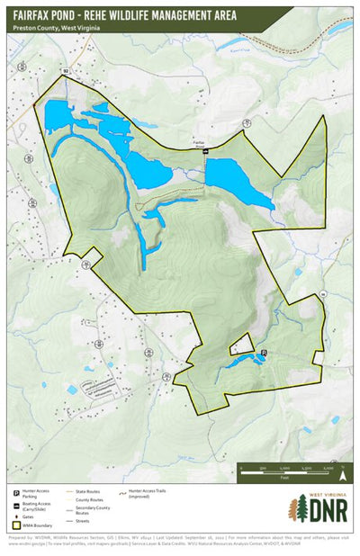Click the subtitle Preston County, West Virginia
56,28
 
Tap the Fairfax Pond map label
200,143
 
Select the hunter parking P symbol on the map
264,351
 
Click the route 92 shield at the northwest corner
66,69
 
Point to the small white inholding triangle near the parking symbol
240,344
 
